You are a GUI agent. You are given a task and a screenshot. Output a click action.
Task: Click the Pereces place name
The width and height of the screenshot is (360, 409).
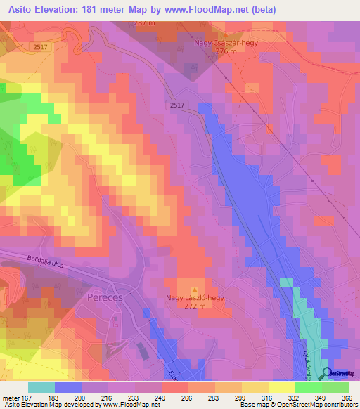[x=105, y=297]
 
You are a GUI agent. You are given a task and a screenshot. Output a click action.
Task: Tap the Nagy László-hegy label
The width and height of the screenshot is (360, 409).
[x=195, y=298]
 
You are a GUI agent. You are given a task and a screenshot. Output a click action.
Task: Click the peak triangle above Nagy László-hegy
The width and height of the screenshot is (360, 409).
[x=195, y=289]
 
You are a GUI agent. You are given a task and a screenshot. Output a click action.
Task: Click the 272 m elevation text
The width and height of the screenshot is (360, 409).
[x=195, y=306]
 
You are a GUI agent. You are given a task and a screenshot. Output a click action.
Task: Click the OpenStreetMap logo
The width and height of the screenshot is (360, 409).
[x=340, y=374]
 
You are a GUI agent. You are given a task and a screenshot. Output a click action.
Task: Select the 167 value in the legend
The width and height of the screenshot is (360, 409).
[x=25, y=398]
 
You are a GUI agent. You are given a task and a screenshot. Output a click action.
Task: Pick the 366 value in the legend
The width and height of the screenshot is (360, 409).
[x=347, y=398]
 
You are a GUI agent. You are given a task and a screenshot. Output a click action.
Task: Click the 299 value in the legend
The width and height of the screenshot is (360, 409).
[x=240, y=398]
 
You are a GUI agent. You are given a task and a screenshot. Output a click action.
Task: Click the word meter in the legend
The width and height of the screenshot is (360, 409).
[x=10, y=398]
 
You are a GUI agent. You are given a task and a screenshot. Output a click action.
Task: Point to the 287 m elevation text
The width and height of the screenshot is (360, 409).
[x=144, y=23]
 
